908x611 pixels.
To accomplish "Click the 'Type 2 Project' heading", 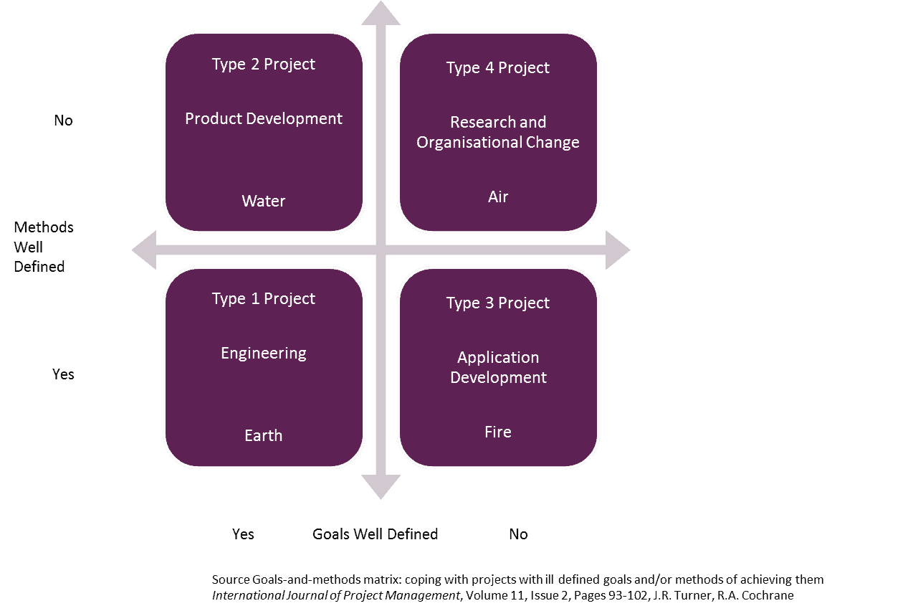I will click(x=263, y=64).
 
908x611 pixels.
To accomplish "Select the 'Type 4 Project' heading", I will click(x=497, y=67).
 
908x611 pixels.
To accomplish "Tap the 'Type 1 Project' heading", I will click(x=263, y=298).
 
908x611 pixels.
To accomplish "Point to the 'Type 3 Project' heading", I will click(x=497, y=303).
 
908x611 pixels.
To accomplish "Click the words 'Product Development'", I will click(x=263, y=118).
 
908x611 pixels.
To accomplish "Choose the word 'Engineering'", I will click(x=263, y=353).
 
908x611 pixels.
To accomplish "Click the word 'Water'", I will click(x=263, y=201).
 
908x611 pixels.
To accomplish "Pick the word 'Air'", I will click(x=497, y=196).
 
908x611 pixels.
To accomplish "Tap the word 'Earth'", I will click(x=263, y=435).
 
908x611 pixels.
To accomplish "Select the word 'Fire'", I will click(x=497, y=432).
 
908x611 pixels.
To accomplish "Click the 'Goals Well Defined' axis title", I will click(x=375, y=534).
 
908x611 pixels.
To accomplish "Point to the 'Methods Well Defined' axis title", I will click(x=43, y=247).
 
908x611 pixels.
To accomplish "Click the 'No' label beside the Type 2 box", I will click(x=63, y=120).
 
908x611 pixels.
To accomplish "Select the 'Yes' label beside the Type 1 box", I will click(x=63, y=374).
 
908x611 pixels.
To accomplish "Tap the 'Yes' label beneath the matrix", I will click(x=243, y=534).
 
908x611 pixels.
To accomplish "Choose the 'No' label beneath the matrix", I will click(x=517, y=534).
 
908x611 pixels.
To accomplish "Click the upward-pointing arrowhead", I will click(x=381, y=13).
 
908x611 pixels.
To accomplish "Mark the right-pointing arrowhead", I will click(x=617, y=250).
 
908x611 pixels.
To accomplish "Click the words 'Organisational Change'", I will click(x=497, y=142).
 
